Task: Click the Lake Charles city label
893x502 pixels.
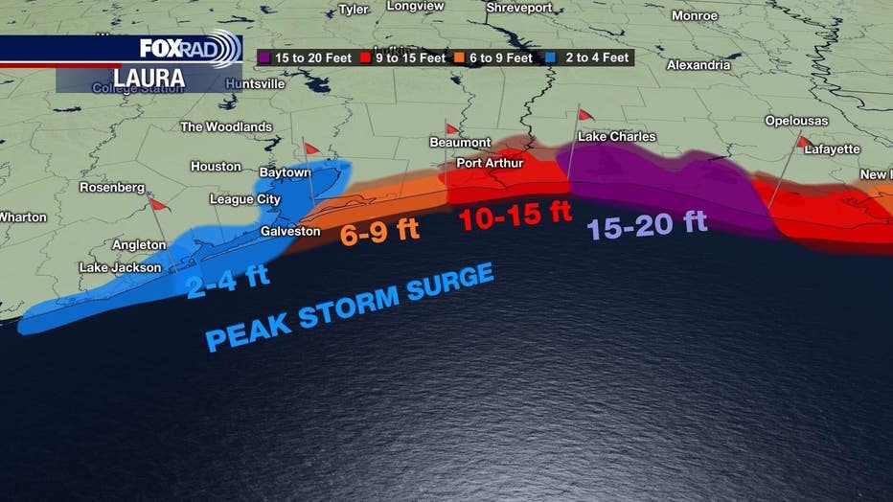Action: point(616,137)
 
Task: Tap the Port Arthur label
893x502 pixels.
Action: point(490,163)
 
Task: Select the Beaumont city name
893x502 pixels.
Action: point(460,143)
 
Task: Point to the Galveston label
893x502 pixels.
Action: point(291,232)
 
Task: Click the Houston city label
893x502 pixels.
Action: point(216,167)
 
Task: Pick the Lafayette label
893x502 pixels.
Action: point(832,149)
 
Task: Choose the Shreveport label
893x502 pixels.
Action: point(518,8)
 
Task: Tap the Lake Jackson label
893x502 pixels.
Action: point(120,268)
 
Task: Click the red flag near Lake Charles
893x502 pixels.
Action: point(584,115)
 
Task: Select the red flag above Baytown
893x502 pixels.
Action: point(310,148)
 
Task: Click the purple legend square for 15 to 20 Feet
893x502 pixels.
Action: point(265,57)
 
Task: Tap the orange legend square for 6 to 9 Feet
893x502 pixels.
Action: point(461,57)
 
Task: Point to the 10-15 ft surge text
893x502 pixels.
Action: point(515,217)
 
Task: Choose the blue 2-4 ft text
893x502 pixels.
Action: point(228,281)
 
